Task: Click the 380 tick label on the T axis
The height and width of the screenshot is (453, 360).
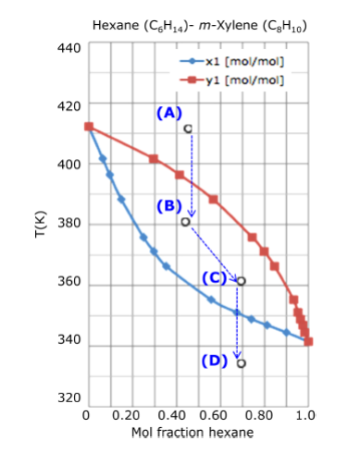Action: coord(69,224)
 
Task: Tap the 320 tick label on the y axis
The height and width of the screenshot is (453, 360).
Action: coord(69,398)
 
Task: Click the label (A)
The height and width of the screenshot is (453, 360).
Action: coord(168,112)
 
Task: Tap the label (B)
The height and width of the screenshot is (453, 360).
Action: coord(168,205)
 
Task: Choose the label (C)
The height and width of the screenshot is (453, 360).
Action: coord(214,277)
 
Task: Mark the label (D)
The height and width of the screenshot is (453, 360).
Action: coord(214,360)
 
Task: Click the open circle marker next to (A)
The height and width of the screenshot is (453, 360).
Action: coord(188,129)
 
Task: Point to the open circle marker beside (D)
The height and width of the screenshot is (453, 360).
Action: coord(241,363)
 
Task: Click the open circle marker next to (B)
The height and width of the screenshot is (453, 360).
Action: coord(186,222)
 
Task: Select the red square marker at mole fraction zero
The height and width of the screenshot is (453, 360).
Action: coord(89,127)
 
